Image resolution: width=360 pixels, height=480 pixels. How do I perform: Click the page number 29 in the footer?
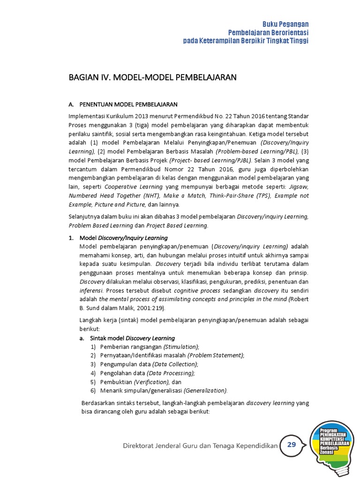click(x=292, y=445)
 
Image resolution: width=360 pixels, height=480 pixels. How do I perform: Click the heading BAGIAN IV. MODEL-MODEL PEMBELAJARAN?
click(x=152, y=77)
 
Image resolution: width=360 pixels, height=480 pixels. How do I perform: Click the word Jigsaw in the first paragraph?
click(x=298, y=187)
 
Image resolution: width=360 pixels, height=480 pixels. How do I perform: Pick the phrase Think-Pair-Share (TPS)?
click(x=239, y=195)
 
